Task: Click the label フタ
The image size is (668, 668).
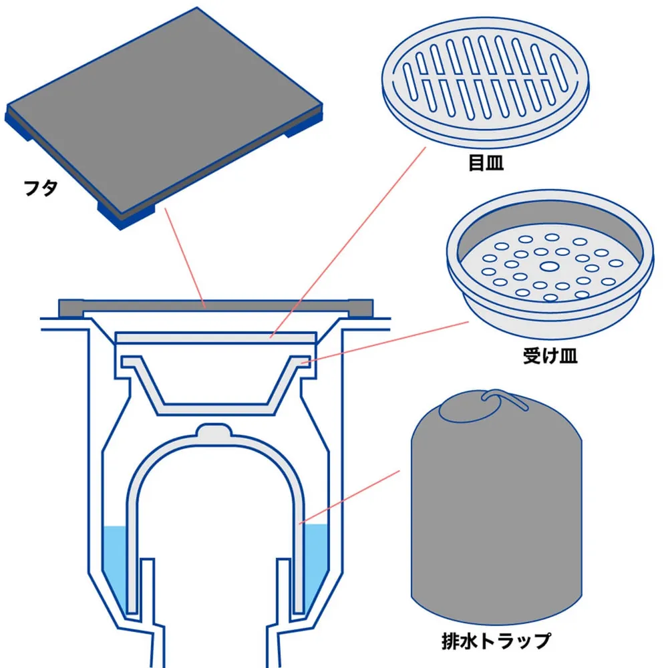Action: [41, 188]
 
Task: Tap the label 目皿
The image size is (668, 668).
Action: [486, 163]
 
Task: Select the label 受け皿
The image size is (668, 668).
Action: [550, 356]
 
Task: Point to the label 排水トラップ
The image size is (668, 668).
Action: [496, 641]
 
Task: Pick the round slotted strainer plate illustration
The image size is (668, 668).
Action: [485, 81]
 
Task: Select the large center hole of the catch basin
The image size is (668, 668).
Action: [550, 267]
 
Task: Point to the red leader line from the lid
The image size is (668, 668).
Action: [185, 258]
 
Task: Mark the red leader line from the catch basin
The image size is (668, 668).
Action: [385, 343]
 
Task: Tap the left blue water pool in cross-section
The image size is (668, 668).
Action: [115, 562]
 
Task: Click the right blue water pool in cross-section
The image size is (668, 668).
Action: [316, 562]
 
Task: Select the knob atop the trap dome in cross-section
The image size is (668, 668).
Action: [214, 430]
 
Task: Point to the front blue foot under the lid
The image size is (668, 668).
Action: [126, 215]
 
